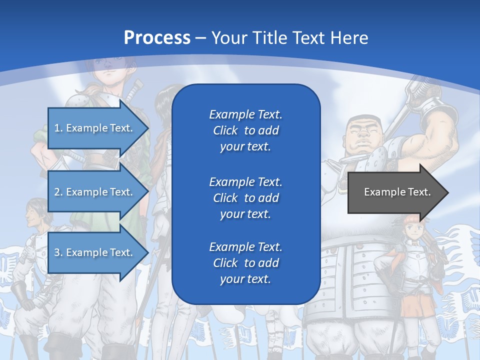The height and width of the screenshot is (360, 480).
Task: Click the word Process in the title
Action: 157,38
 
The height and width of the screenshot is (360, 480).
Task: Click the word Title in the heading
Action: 270,38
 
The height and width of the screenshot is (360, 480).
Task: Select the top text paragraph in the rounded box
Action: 245,130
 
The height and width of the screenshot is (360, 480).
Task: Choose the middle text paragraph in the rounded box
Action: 245,197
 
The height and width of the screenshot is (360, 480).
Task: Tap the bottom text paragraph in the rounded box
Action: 245,263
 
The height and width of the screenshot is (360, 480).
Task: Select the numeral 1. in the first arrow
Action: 58,128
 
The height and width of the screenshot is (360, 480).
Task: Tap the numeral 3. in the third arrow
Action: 58,252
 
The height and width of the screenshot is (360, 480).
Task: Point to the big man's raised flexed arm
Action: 437,135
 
